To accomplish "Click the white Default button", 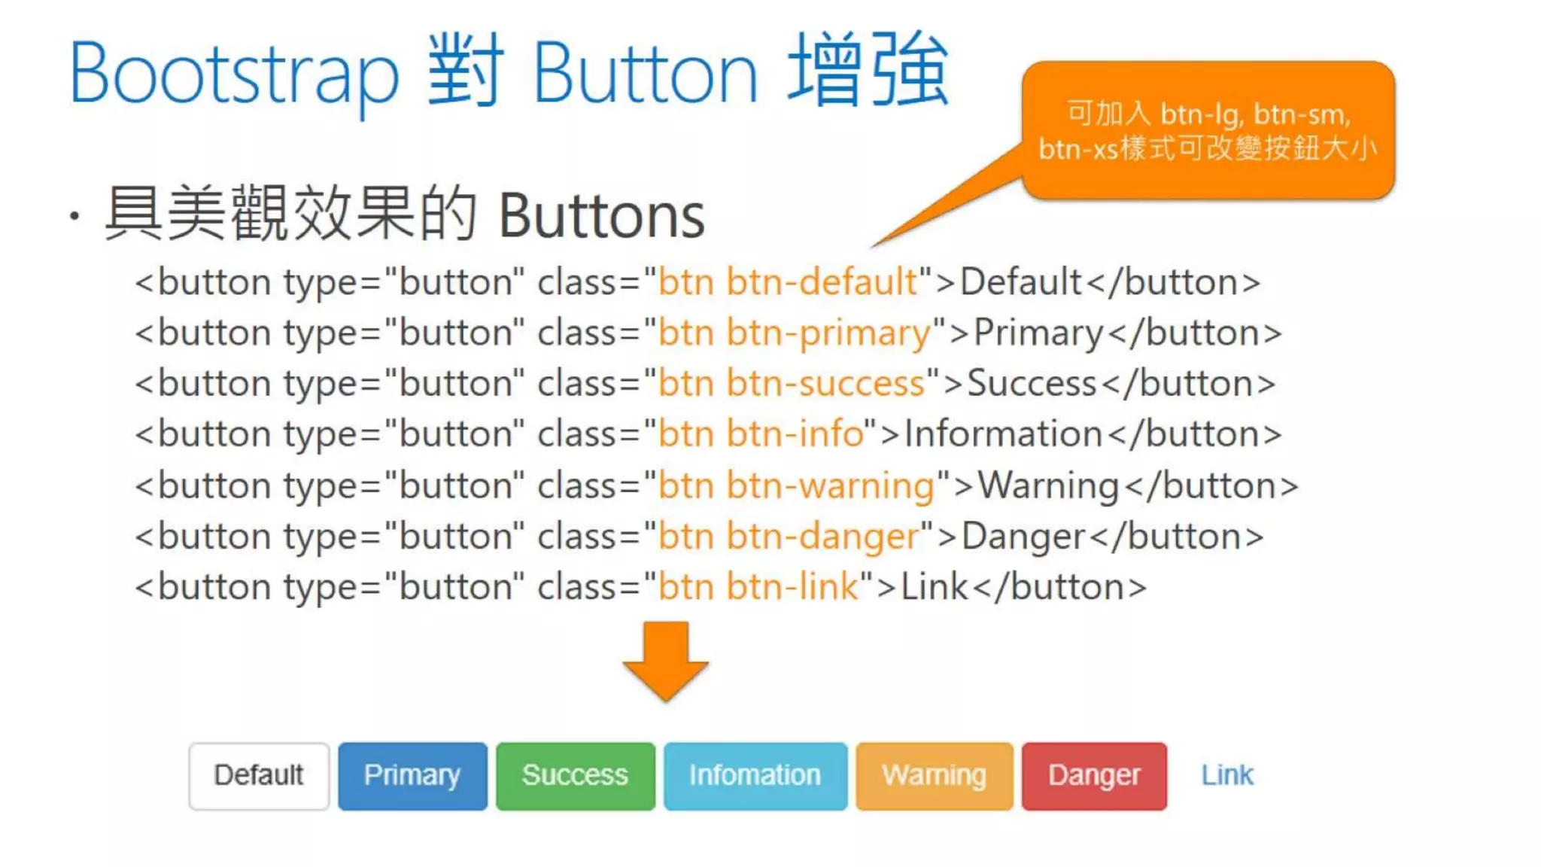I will pos(259,776).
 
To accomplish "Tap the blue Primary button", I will pos(412,776).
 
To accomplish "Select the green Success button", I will pos(576,776).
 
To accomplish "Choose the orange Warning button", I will pos(935,776).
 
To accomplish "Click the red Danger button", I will pos(1094,776).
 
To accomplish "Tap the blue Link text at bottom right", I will pos(1227,775).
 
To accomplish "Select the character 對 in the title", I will pos(464,71).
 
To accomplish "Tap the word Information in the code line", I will pos(1003,434).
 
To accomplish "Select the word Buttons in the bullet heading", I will pos(601,217).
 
